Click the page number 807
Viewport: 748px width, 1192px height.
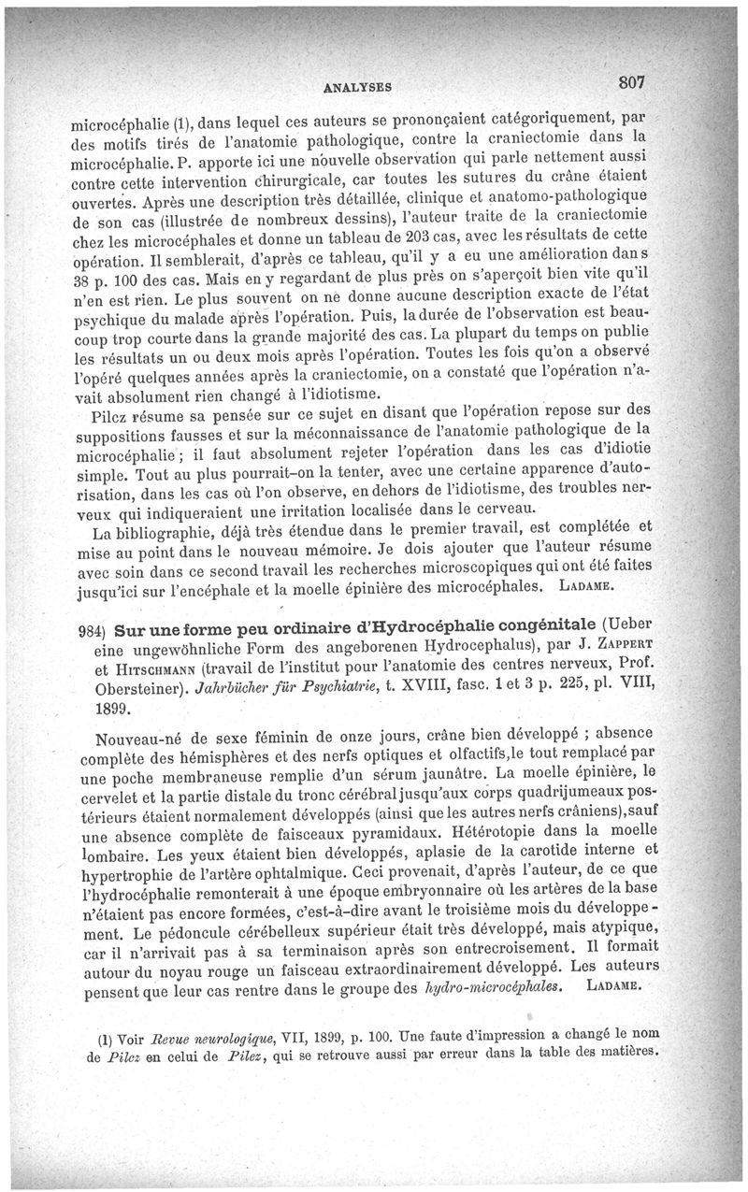pos(633,82)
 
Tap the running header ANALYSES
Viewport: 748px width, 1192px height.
pos(356,87)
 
